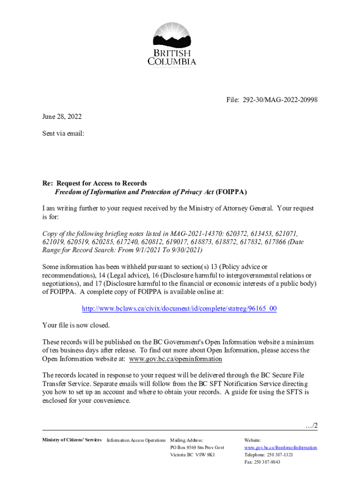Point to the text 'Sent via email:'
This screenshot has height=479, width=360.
pos(63,133)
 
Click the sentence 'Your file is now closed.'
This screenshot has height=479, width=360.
pos(76,325)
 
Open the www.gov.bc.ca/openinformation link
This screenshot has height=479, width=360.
pos(175,359)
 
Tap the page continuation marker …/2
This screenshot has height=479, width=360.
pos(310,425)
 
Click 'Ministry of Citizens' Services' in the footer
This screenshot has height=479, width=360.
pos(72,440)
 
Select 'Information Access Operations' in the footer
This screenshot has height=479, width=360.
pos(136,440)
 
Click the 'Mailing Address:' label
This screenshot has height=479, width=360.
pos(187,440)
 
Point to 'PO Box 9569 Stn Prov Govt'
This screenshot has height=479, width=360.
pos(197,448)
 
